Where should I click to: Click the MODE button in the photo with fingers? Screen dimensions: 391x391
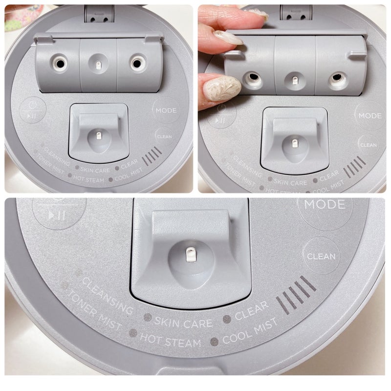click(x=370, y=115)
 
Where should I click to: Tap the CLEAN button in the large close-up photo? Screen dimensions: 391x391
click(x=321, y=256)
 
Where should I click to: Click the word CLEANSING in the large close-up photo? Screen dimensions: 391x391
click(x=108, y=296)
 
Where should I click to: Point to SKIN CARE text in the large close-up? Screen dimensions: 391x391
click(x=184, y=323)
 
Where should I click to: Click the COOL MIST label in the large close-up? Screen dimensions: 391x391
click(x=250, y=331)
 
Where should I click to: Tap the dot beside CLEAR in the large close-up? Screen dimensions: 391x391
click(x=227, y=319)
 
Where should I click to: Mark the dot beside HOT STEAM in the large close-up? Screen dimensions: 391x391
click(x=133, y=333)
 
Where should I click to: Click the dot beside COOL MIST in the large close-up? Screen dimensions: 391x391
click(x=214, y=341)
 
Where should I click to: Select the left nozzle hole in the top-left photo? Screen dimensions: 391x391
click(x=60, y=64)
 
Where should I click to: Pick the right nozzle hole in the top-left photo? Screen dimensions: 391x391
click(x=137, y=64)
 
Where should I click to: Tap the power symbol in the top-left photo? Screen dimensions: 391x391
click(x=32, y=105)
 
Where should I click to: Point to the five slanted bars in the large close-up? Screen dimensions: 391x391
click(x=296, y=295)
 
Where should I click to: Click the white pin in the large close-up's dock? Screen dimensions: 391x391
click(x=190, y=254)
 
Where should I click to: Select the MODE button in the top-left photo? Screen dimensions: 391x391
click(x=166, y=110)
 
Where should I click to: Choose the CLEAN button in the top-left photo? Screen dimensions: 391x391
click(x=164, y=137)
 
